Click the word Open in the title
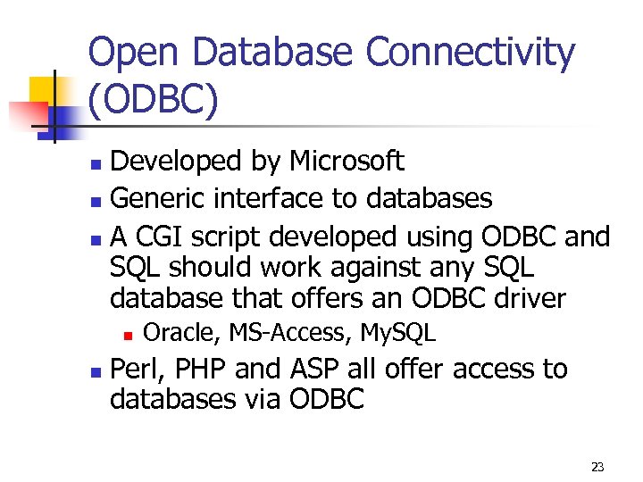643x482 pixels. (x=130, y=54)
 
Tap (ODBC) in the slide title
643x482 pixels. (x=153, y=101)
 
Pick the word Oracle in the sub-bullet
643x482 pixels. (x=181, y=334)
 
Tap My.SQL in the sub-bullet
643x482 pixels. (x=397, y=334)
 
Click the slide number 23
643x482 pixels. (x=597, y=467)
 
